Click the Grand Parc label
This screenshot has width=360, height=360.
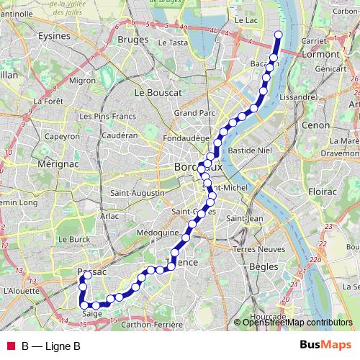click(194, 113)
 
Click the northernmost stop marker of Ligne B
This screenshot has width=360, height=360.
click(279, 34)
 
